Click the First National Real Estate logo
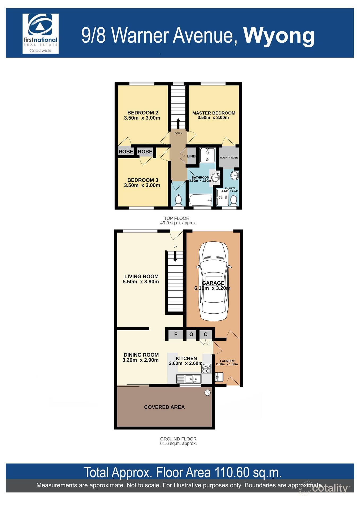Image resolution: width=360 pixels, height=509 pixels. pyautogui.click(x=40, y=34)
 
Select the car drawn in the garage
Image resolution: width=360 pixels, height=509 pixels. pyautogui.click(x=213, y=281)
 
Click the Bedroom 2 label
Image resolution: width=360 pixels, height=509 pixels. pyautogui.click(x=142, y=113)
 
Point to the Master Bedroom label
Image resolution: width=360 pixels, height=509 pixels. pyautogui.click(x=214, y=113)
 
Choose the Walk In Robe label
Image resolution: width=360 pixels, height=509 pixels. pyautogui.click(x=229, y=157)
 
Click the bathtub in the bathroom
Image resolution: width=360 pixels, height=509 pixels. pyautogui.click(x=200, y=200)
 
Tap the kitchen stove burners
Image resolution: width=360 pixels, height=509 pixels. pyautogui.click(x=206, y=369)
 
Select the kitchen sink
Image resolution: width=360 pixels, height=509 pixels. pyautogui.click(x=193, y=379)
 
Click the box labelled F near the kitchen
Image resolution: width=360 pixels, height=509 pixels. pyautogui.click(x=176, y=335)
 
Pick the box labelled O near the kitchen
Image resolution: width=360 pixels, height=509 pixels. pyautogui.click(x=191, y=335)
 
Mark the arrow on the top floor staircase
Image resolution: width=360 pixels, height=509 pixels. pyautogui.click(x=178, y=123)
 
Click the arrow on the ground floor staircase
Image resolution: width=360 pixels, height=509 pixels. pyautogui.click(x=175, y=256)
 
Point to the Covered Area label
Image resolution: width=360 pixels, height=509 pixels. pyautogui.click(x=164, y=407)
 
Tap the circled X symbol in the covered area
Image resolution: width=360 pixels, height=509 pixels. pyautogui.click(x=207, y=393)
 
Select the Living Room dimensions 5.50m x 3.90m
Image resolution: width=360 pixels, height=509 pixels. pyautogui.click(x=141, y=282)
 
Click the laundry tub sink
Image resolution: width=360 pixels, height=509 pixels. pyautogui.click(x=219, y=377)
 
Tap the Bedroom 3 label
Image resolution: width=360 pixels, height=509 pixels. pyautogui.click(x=142, y=180)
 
